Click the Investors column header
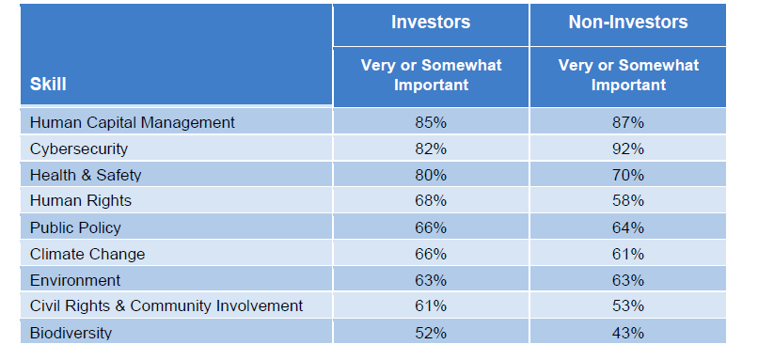pyautogui.click(x=431, y=22)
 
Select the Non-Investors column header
pyautogui.click(x=627, y=22)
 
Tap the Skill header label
pyautogui.click(x=48, y=84)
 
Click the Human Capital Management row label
pyautogui.click(x=133, y=122)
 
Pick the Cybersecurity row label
pyautogui.click(x=79, y=149)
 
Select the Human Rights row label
pyautogui.click(x=81, y=200)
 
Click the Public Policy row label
pyautogui.click(x=76, y=227)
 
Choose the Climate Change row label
pyautogui.click(x=87, y=254)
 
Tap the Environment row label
pyautogui.click(x=75, y=280)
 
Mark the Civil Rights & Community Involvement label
pyautogui.click(x=166, y=305)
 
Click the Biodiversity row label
pyautogui.click(x=71, y=333)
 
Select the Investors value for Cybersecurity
pyautogui.click(x=431, y=149)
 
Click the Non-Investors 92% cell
pyautogui.click(x=627, y=149)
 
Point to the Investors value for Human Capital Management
pyautogui.click(x=431, y=122)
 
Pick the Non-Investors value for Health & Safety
pyautogui.click(x=627, y=175)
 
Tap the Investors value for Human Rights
pyautogui.click(x=431, y=200)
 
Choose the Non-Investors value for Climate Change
pyautogui.click(x=627, y=254)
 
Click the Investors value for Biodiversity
pyautogui.click(x=431, y=333)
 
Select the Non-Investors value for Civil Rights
pyautogui.click(x=627, y=305)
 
